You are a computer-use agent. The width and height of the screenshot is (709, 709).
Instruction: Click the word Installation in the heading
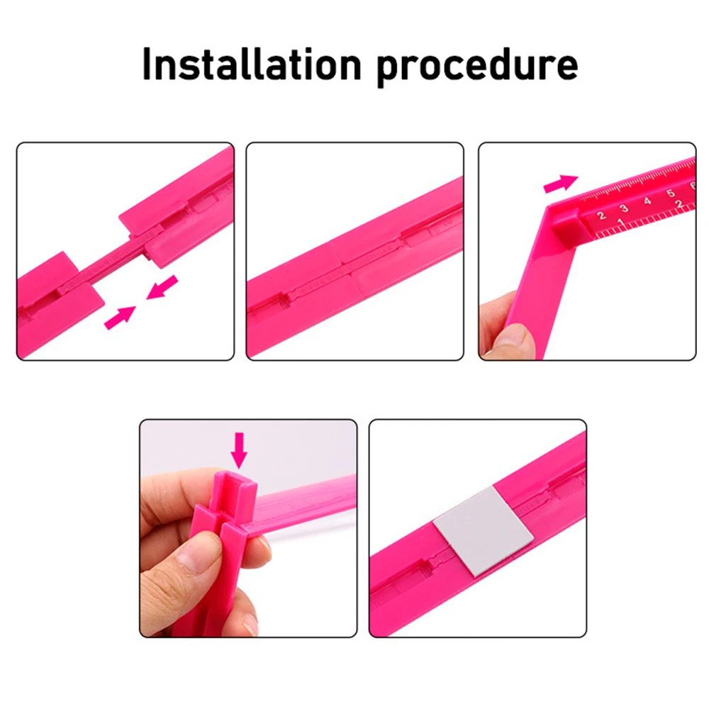[x=252, y=65]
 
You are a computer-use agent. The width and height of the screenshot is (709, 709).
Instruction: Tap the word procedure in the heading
[x=477, y=67]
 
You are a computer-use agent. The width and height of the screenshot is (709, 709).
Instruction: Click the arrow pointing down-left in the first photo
[x=162, y=288]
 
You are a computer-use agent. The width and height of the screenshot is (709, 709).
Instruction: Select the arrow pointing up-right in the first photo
[x=120, y=318]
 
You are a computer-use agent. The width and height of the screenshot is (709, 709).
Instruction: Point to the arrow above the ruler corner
[x=561, y=184]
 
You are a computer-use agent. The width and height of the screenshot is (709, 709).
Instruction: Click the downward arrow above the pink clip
[x=239, y=450]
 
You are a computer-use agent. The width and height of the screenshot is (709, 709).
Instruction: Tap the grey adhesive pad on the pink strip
[x=483, y=531]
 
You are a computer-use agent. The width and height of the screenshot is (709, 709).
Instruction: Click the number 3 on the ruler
[x=625, y=208]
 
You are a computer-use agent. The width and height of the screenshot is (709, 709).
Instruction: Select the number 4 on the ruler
[x=647, y=201]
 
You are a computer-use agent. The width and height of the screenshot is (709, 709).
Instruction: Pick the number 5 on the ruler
[x=671, y=193]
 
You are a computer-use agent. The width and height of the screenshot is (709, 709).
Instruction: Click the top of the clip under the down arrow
[x=235, y=480]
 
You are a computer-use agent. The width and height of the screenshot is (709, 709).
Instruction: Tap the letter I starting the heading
[x=147, y=65]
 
